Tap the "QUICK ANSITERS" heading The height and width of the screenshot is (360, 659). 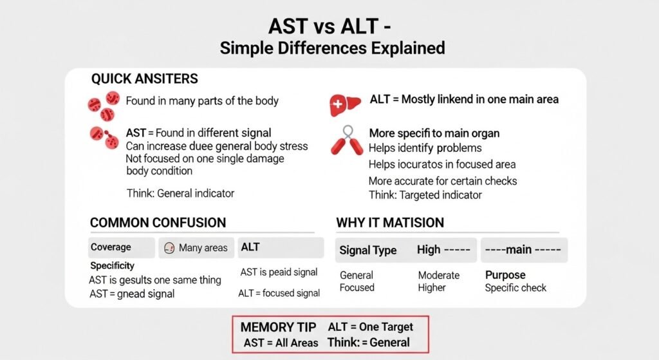point(144,79)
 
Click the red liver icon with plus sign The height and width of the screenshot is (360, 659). point(343,105)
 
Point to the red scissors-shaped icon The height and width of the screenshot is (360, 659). point(347,141)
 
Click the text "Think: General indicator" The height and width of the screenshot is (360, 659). point(180,193)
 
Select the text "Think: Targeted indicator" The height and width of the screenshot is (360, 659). point(425,194)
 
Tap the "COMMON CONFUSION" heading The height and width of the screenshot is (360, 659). point(158,223)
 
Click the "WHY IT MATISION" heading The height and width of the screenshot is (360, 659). point(390,223)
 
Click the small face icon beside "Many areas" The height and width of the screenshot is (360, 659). point(170,248)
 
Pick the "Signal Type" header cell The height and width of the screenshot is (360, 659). point(368,251)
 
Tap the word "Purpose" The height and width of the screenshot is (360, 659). point(505,275)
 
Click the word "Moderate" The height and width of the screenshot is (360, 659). point(439,275)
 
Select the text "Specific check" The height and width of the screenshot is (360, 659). point(515,288)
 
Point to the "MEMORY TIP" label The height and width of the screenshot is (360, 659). point(279,327)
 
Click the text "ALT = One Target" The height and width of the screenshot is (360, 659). point(371,327)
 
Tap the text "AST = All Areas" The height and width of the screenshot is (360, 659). point(281,343)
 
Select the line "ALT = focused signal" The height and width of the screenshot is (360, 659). point(279,293)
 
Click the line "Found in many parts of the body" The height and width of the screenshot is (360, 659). point(202,101)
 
